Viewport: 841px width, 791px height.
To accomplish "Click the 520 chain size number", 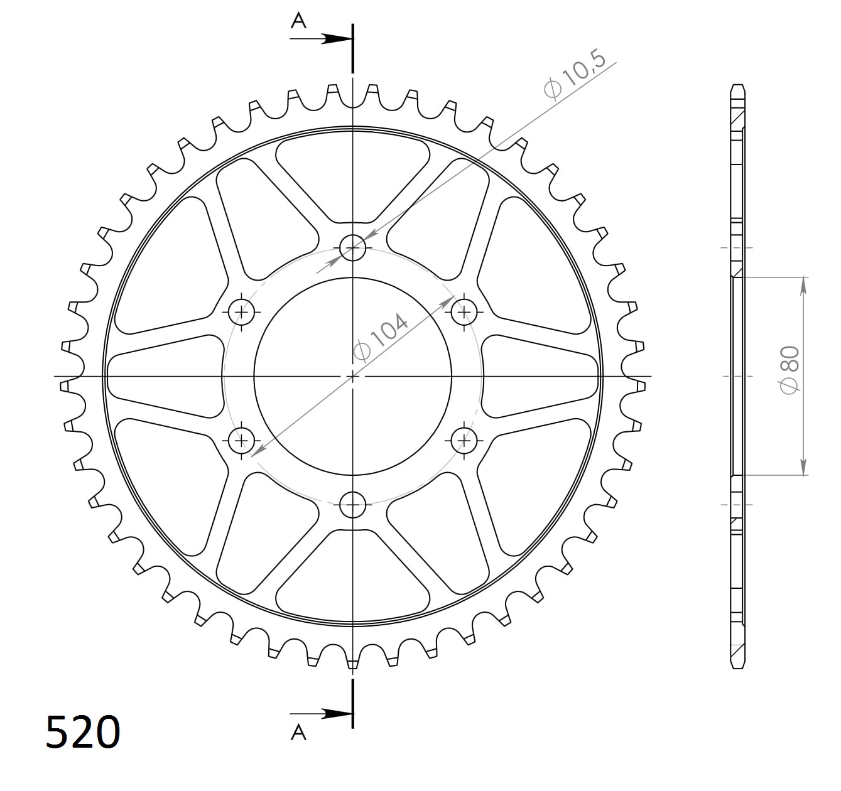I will point(82,733).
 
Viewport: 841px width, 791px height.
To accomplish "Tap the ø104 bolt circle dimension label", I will point(381,335).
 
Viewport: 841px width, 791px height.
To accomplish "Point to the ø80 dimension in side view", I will point(789,370).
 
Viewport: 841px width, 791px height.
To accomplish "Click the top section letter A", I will point(298,21).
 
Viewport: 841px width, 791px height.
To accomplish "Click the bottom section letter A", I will point(298,732).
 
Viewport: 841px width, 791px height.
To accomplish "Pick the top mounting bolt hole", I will point(353,249).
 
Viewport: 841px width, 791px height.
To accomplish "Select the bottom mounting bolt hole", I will point(353,503).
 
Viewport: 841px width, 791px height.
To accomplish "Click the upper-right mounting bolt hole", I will point(464,311).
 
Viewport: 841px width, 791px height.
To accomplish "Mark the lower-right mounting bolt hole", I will point(464,441).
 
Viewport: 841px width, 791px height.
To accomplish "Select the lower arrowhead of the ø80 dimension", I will point(803,467).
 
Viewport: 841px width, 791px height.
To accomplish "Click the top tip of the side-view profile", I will point(739,85).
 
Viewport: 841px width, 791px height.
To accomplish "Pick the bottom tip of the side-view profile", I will point(739,667).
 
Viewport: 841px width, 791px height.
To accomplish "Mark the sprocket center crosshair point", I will point(353,376).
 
